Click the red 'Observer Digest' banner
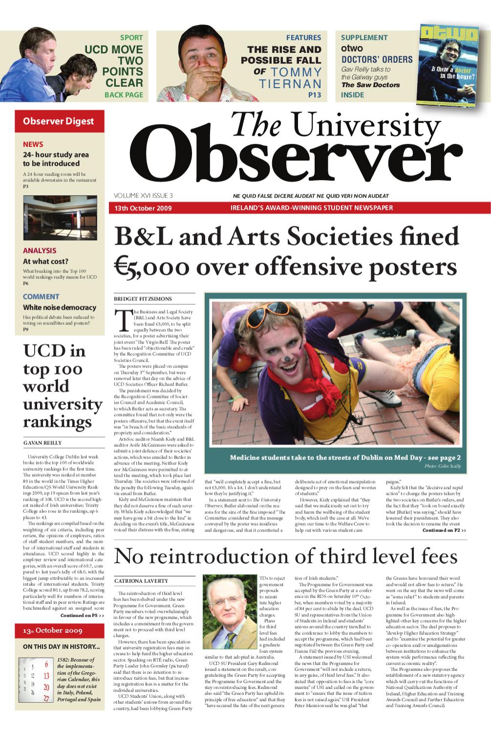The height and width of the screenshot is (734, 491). click(x=59, y=121)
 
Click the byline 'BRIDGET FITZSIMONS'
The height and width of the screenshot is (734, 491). click(x=143, y=299)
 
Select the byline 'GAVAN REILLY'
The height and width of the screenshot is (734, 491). click(x=43, y=443)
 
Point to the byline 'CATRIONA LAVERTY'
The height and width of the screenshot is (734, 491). click(x=141, y=581)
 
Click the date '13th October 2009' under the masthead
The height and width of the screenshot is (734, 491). click(x=143, y=208)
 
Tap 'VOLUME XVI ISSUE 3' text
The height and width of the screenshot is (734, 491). click(x=143, y=196)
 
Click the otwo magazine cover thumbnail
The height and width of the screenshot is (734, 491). click(x=448, y=66)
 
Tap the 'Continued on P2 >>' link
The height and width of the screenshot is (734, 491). click(x=444, y=530)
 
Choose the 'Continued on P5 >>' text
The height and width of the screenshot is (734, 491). click(x=82, y=615)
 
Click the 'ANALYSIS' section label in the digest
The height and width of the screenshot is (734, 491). click(x=40, y=251)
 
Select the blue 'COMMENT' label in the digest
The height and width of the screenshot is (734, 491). click(x=41, y=297)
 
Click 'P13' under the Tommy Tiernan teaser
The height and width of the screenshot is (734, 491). click(x=315, y=95)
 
